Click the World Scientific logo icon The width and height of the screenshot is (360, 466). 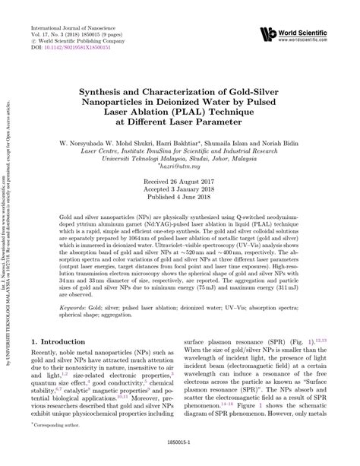tap(268, 33)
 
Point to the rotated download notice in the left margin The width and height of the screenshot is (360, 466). tap(9, 228)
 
